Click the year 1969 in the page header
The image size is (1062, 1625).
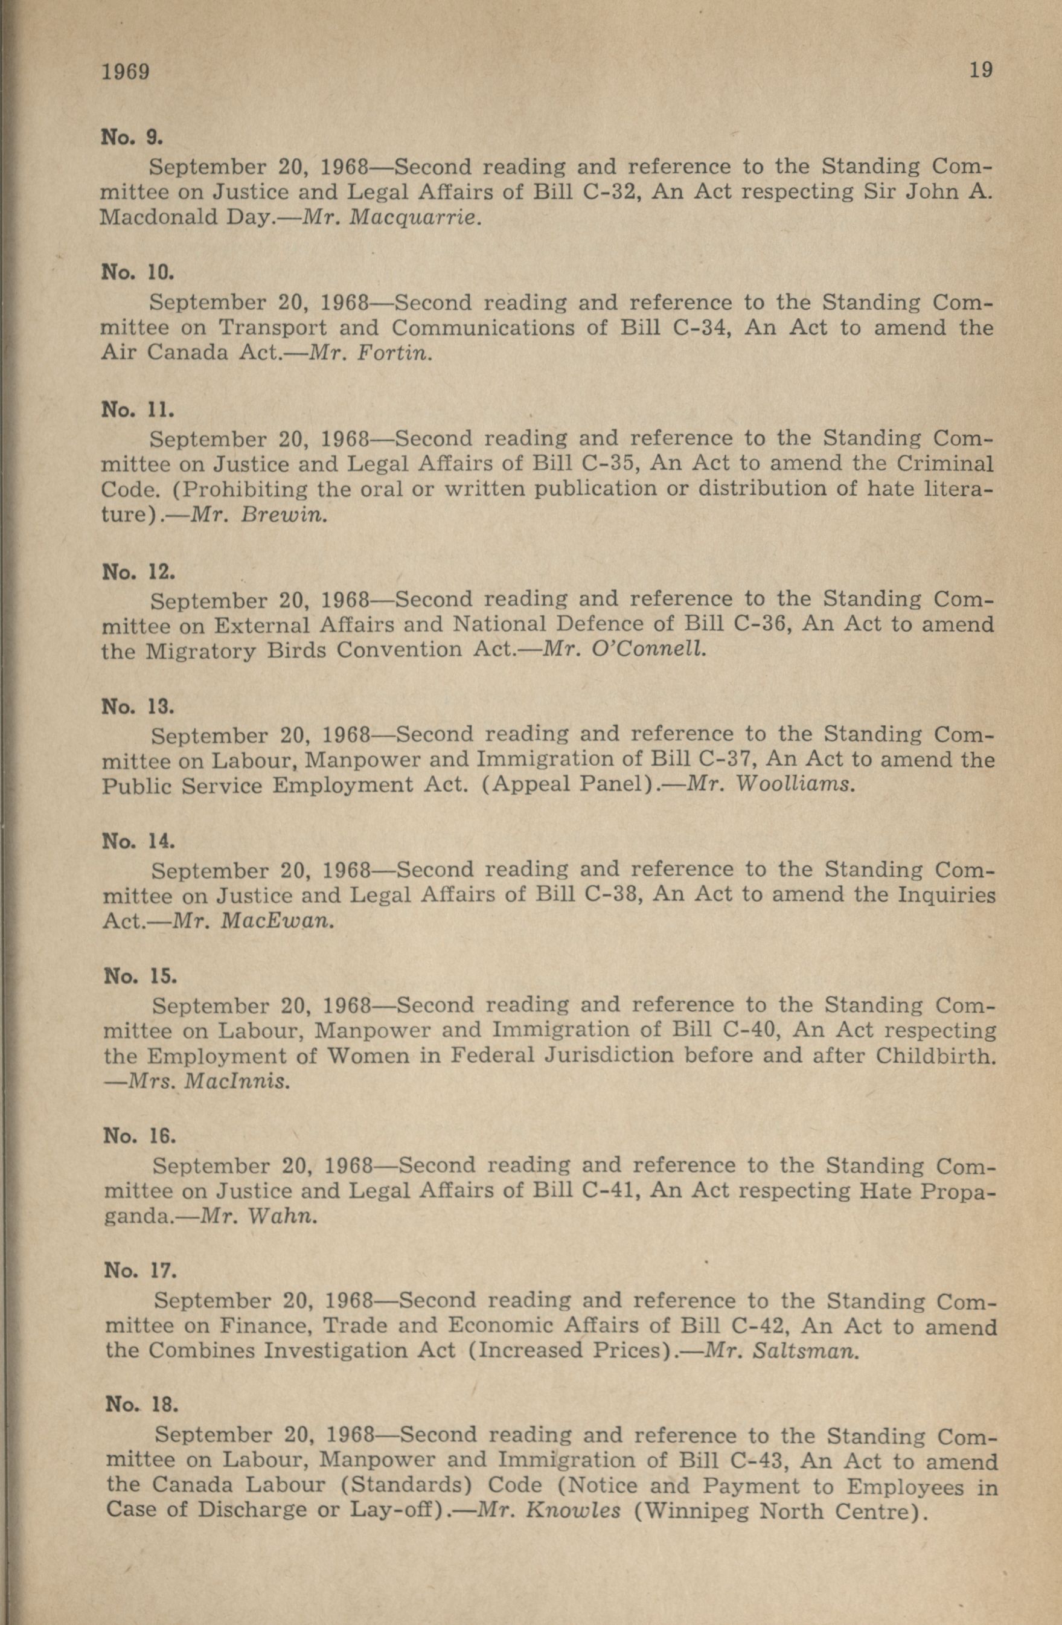125,71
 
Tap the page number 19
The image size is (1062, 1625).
980,69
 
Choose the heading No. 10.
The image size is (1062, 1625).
137,273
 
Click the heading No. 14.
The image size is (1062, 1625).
138,841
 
